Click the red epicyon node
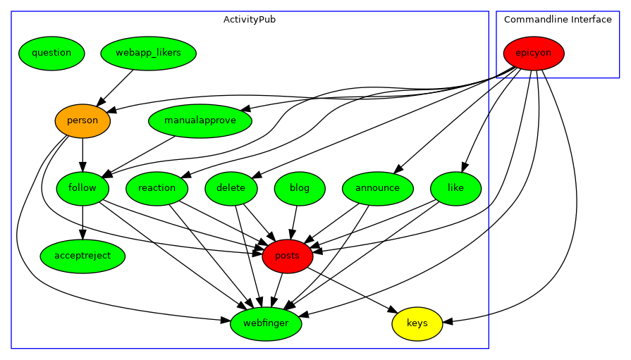[534, 54]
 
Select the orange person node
[82, 121]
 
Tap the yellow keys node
[417, 324]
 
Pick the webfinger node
[266, 324]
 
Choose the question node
[51, 54]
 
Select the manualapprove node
[200, 121]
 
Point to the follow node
[82, 189]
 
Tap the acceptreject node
[82, 256]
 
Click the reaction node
[157, 189]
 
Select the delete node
[231, 189]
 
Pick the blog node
[300, 189]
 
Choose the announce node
[377, 189]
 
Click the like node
[455, 189]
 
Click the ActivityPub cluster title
[250, 20]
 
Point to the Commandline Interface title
[558, 20]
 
